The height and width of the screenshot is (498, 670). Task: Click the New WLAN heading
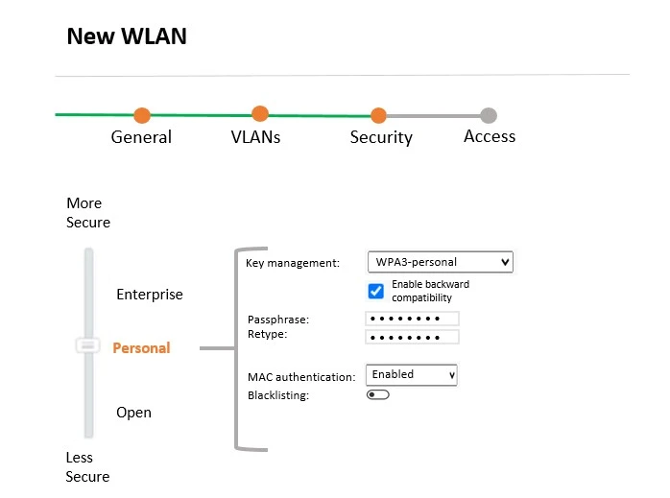127,37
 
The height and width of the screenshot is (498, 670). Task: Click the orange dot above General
142,116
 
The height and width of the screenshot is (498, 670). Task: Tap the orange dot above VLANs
260,114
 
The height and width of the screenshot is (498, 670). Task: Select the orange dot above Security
378,116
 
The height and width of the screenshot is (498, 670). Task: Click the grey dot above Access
489,116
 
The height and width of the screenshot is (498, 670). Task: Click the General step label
141,137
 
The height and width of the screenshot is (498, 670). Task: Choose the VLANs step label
255,137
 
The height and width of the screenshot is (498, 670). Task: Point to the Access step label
490,136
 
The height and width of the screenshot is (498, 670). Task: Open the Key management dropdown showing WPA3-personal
440,262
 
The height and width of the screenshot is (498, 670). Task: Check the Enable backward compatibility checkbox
376,291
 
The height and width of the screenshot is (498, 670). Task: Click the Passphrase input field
412,319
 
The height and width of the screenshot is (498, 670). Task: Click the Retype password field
412,337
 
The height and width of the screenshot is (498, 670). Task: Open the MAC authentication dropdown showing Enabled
412,374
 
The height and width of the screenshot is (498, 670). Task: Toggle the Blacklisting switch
377,394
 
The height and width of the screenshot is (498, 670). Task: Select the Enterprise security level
149,295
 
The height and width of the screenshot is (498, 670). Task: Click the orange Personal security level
141,348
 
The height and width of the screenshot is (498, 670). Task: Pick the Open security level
133,413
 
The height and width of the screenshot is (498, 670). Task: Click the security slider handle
88,344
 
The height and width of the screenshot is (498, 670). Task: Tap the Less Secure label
87,467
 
